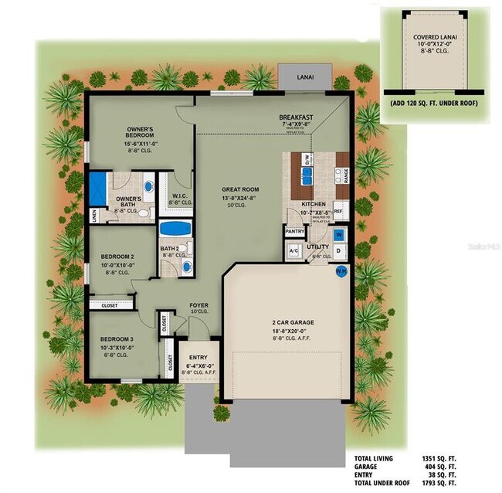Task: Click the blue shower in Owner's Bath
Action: click(98, 188)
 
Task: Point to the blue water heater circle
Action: click(341, 271)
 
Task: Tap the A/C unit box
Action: click(293, 251)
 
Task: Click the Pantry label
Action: click(294, 230)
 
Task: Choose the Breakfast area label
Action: click(295, 118)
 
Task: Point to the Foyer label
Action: click(198, 305)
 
